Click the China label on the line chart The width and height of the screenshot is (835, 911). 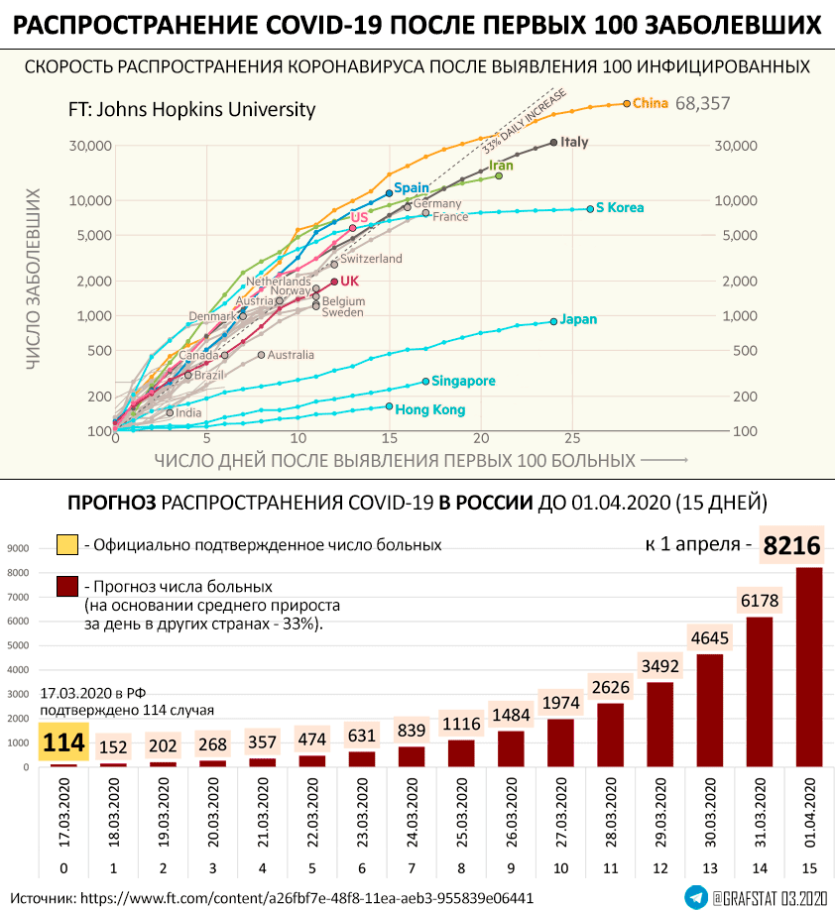point(650,103)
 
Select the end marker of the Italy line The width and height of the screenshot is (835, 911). point(553,143)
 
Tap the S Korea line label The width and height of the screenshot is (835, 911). point(620,208)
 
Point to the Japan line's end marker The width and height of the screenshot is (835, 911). point(553,321)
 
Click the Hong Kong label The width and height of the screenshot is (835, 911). point(430,409)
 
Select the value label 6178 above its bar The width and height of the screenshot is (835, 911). point(759,600)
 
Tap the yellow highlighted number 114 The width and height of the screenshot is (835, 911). point(63,741)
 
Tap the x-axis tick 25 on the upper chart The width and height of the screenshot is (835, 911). point(571,437)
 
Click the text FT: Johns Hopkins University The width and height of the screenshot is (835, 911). point(191,110)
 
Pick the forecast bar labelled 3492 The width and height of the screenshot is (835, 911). point(659,724)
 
